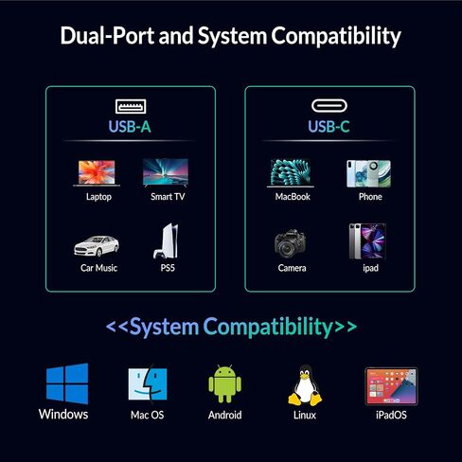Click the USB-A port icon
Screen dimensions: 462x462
point(131,106)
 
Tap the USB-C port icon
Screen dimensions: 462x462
point(329,106)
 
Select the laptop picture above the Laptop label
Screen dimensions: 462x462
point(97,173)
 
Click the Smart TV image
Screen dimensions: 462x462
point(166,172)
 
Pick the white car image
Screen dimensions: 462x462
point(97,245)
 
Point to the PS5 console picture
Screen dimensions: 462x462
point(166,241)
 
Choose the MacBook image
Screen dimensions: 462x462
point(291,173)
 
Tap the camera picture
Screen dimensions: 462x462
point(290,242)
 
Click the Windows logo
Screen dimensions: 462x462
point(67,383)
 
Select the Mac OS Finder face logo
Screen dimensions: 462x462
point(148,384)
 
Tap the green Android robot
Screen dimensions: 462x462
point(225,383)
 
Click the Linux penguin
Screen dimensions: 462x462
point(305,385)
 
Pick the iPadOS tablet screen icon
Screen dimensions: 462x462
point(391,386)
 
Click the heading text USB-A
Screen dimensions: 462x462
point(130,127)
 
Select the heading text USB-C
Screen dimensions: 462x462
point(329,127)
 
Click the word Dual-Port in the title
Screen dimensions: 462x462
point(107,36)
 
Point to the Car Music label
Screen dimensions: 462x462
point(98,268)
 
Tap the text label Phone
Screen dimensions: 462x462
point(370,197)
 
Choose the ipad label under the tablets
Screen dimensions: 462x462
point(370,268)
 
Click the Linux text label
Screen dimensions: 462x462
point(305,415)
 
